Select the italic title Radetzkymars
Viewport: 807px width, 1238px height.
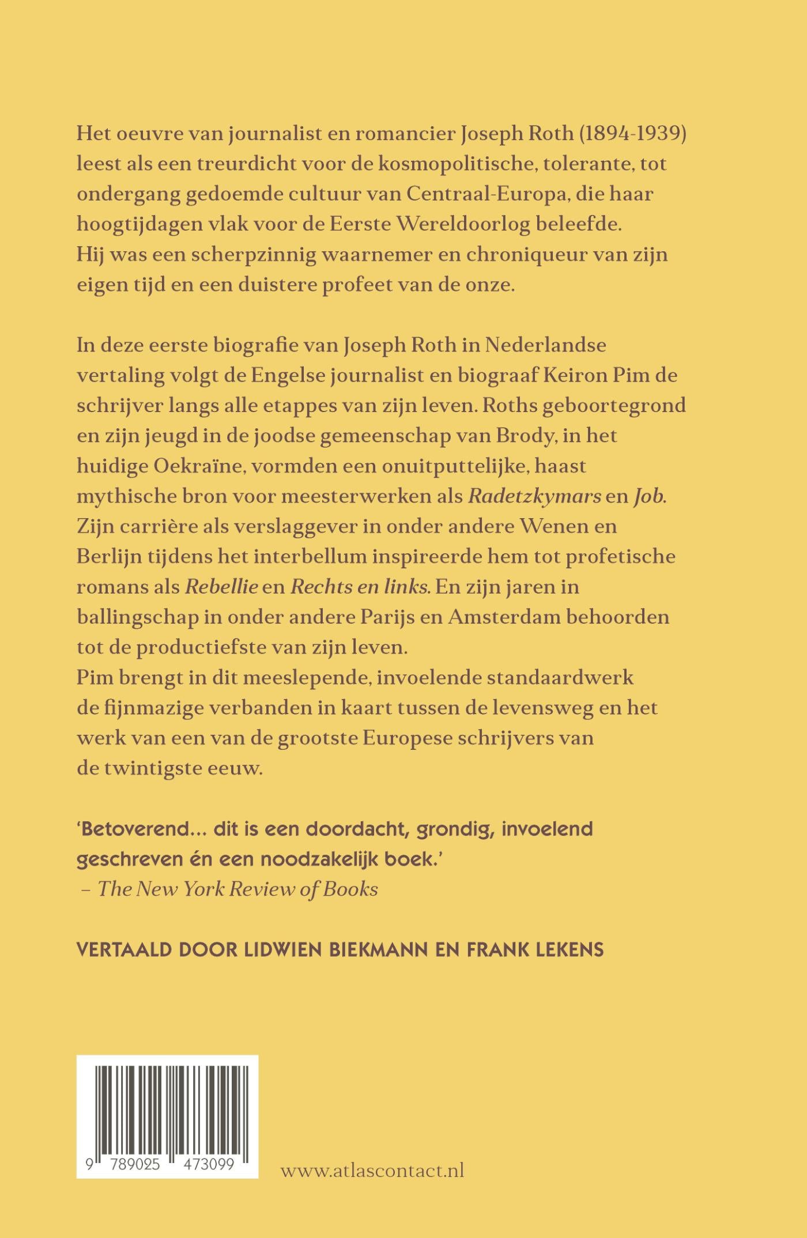(x=534, y=496)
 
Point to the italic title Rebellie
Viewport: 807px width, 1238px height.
(x=221, y=587)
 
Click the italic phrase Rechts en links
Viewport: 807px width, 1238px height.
(x=360, y=587)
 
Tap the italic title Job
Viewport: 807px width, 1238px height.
(x=650, y=496)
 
